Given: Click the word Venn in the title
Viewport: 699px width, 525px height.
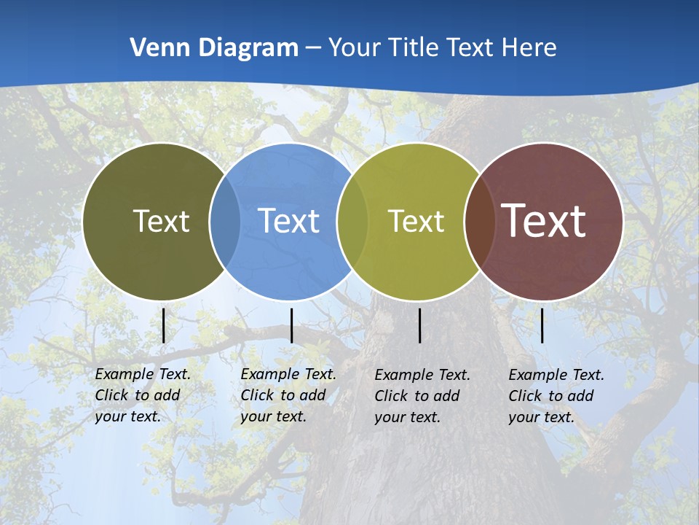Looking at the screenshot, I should tap(152, 48).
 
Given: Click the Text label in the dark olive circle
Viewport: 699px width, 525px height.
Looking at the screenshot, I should tap(161, 221).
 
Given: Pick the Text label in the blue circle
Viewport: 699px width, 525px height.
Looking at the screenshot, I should tap(288, 221).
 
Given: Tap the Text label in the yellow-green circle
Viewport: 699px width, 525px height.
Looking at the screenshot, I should tap(416, 221).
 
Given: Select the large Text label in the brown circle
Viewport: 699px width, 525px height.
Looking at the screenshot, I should tap(544, 221).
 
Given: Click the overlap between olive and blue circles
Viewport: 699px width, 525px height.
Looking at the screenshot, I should tap(225, 221).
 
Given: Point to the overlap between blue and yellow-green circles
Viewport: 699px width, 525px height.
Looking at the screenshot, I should tap(352, 221).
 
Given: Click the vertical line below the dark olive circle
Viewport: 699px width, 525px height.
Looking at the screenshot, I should tap(164, 325).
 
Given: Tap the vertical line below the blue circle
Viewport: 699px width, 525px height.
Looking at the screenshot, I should tap(291, 325).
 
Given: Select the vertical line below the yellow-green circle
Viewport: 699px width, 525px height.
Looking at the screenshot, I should tap(420, 325).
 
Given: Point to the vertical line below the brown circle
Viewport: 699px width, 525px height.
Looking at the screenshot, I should tap(542, 325).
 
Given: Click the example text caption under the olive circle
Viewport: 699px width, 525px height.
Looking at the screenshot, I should tap(143, 395).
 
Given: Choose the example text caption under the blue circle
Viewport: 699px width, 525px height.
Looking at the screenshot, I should tap(288, 395).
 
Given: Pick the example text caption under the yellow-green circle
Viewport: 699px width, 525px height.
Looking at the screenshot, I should tap(422, 396).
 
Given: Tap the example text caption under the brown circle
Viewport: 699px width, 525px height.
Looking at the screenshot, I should tap(556, 396).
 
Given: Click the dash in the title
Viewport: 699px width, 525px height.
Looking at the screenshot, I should tap(313, 49).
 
